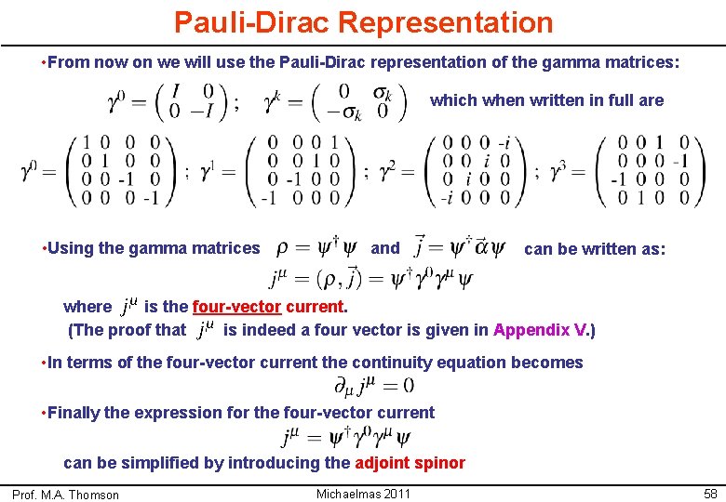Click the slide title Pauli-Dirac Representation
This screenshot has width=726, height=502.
pos(363,21)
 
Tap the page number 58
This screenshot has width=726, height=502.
pos(709,494)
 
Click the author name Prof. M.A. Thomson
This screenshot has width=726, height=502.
pos(65,495)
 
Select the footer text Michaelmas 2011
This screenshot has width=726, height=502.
pos(363,493)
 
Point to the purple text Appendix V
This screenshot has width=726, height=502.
pos(542,329)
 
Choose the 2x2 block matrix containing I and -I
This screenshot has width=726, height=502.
pos(185,102)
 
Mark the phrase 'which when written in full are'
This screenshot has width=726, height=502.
pos(546,100)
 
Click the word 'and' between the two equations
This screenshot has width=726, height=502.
pos(384,248)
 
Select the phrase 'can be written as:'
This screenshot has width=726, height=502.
pos(595,248)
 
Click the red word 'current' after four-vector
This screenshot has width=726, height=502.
pos(316,306)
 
